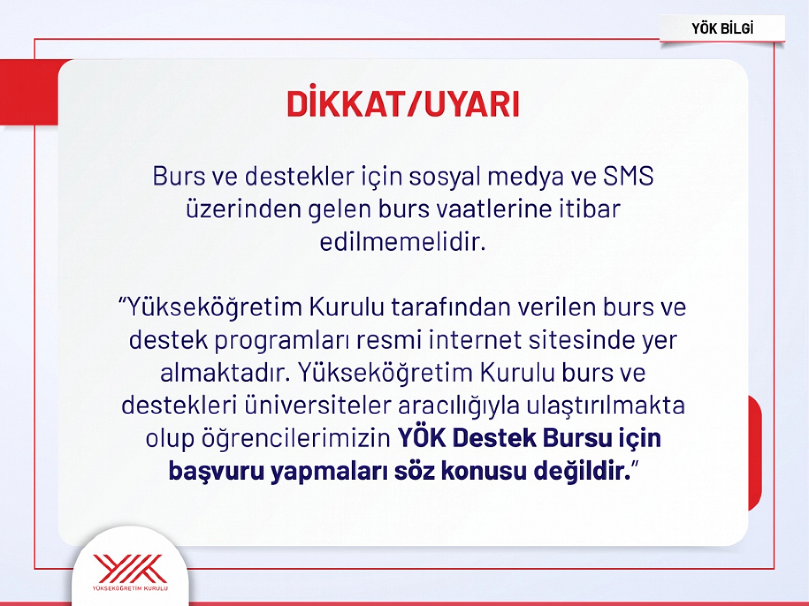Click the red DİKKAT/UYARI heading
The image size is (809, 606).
coord(403,104)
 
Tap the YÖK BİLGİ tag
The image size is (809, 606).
coord(722,29)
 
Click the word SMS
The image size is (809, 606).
coord(628,176)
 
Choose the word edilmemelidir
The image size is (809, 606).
coord(403,242)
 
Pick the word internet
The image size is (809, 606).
coord(475,340)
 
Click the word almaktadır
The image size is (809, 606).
coord(225,372)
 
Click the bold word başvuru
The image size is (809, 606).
coord(216,471)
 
